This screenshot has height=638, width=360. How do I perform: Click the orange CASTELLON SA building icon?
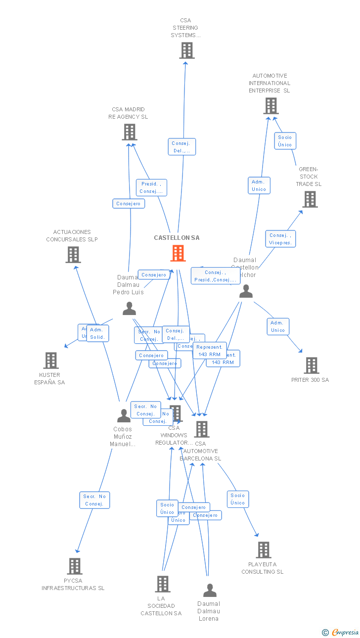point(178,253)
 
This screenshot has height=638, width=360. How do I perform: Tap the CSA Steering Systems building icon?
point(187,50)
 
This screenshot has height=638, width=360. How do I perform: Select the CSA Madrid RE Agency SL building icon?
point(129,132)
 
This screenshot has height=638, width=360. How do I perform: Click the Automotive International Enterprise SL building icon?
point(270,106)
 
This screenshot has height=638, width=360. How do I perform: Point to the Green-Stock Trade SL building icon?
point(310,199)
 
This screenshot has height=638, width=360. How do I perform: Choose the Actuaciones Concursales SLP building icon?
point(73,255)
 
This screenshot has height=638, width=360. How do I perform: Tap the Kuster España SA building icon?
point(51,361)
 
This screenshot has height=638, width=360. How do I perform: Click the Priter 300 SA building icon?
point(311,365)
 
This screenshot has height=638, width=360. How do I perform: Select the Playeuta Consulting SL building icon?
point(264,550)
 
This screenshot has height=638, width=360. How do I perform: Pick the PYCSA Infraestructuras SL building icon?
point(74,566)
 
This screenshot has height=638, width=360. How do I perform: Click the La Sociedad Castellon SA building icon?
point(163,584)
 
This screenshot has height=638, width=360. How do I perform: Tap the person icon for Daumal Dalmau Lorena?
point(210,591)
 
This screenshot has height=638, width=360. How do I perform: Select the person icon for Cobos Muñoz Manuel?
point(124,416)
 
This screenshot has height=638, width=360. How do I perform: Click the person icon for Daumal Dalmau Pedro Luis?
point(129,309)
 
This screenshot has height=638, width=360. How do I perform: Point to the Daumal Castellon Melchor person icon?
point(246,292)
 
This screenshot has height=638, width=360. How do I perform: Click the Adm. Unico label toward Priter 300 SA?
point(278,326)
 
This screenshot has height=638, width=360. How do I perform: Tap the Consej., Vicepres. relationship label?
point(280,239)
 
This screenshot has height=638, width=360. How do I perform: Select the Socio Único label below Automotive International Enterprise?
point(285,141)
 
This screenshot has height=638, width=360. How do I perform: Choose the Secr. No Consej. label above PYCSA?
point(94,500)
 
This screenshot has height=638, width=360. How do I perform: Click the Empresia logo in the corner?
point(341,632)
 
